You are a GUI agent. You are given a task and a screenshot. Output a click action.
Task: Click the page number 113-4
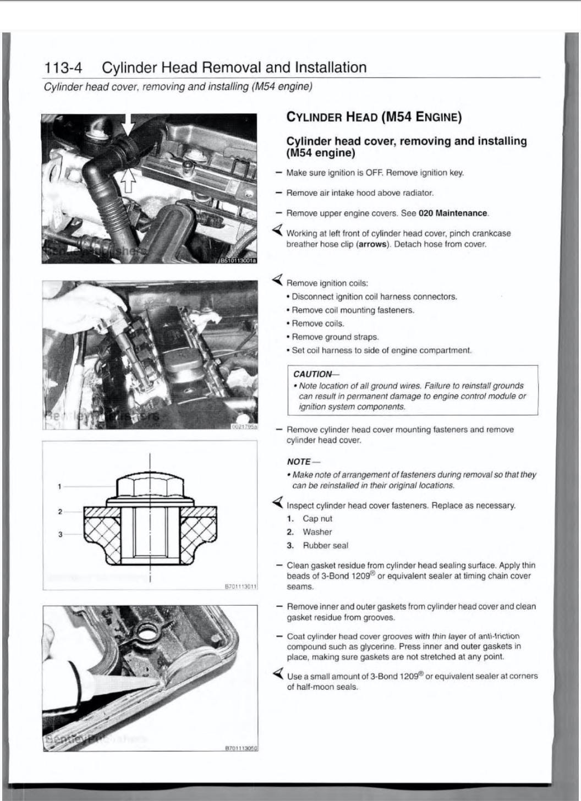tap(63, 68)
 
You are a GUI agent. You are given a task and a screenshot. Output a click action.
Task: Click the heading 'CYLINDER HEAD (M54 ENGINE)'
tap(374, 117)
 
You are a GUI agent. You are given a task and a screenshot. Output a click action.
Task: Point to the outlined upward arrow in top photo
tap(128, 179)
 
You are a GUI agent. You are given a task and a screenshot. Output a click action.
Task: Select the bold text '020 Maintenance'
tap(453, 213)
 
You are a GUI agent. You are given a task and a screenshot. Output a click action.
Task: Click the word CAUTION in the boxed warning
tap(313, 374)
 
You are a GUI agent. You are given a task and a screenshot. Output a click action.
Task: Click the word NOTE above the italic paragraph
tap(299, 462)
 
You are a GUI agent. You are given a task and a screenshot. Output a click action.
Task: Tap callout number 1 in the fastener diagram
tap(59, 486)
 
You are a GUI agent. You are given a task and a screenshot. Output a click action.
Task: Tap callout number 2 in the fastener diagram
tap(59, 512)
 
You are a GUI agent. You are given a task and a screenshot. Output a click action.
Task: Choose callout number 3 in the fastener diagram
tap(59, 534)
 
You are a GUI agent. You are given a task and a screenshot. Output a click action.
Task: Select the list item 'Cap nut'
tap(317, 519)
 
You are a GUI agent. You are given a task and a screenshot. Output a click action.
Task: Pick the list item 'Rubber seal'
tap(325, 546)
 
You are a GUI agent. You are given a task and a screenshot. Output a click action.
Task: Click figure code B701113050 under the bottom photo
tap(240, 748)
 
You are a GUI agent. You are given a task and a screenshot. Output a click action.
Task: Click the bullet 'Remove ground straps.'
tap(335, 337)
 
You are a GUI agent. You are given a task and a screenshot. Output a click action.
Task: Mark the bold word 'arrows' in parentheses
tap(371, 244)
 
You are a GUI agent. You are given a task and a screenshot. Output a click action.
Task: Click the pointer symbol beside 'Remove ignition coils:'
tap(278, 281)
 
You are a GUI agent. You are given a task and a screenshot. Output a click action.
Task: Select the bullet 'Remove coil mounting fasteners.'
tap(353, 310)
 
